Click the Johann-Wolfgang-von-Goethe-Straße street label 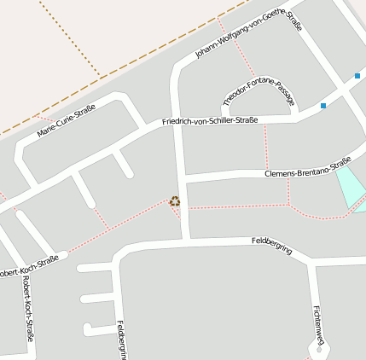click(x=248, y=36)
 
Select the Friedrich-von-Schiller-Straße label click(x=210, y=120)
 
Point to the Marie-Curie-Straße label click(x=67, y=121)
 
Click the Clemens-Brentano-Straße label click(x=308, y=167)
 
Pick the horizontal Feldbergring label click(x=272, y=247)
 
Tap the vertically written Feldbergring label click(x=121, y=340)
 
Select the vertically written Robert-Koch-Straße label click(x=29, y=309)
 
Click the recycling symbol click(x=175, y=201)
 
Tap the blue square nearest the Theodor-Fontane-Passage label click(x=323, y=106)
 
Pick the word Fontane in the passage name click(x=257, y=90)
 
